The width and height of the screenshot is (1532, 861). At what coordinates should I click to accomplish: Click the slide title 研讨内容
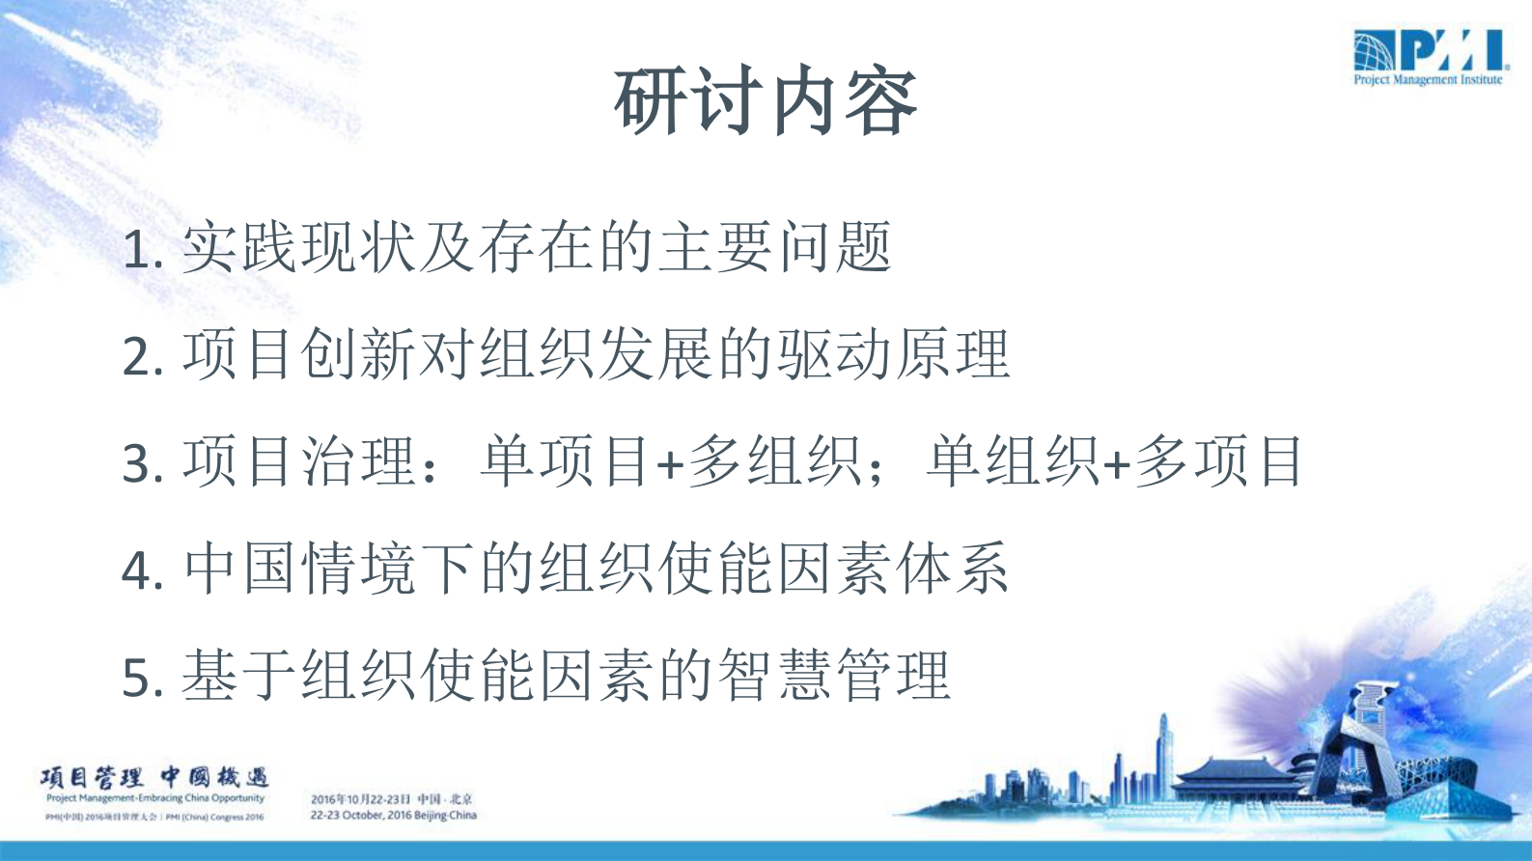766,101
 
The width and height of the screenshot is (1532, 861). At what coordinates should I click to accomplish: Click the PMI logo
1428,50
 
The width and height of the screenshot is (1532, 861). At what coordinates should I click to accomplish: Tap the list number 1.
137,251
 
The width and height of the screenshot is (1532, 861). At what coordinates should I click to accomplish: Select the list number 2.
137,357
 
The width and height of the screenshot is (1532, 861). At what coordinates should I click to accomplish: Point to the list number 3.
137,464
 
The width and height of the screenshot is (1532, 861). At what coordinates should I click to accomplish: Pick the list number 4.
137,570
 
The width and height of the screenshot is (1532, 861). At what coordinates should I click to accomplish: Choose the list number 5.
137,678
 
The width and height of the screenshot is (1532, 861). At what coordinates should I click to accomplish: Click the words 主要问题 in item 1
774,248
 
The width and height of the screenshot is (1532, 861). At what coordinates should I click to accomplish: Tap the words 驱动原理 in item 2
893,354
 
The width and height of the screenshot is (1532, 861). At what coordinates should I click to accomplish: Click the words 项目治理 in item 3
299,461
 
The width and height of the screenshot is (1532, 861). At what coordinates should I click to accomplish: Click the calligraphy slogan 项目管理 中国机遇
154,777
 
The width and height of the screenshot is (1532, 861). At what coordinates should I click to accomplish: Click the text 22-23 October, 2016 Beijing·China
393,816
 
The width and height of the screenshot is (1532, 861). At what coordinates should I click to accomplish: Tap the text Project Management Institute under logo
1428,80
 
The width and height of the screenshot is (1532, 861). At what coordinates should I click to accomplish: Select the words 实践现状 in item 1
299,248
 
